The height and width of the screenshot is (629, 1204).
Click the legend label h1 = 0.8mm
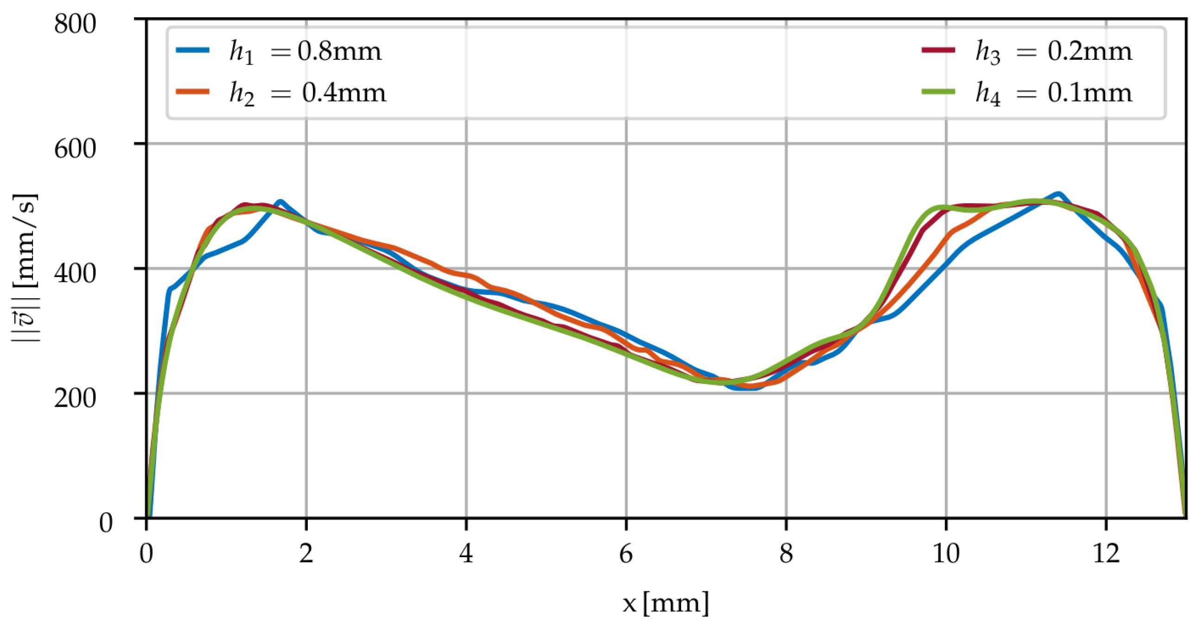point(305,52)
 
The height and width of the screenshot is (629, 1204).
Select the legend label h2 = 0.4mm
point(307,93)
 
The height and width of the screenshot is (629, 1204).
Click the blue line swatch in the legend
point(192,50)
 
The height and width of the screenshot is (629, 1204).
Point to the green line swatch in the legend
point(938,92)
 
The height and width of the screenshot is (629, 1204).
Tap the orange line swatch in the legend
point(192,92)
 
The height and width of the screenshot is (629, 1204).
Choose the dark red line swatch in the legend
point(938,50)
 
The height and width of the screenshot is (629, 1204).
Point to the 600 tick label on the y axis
point(75,149)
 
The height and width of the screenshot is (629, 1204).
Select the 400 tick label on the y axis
point(75,273)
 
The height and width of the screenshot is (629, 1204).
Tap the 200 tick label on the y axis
point(75,398)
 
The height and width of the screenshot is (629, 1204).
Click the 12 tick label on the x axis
point(1106,554)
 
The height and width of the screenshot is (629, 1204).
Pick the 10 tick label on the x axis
point(946,554)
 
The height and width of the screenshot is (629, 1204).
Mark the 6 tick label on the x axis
point(626,554)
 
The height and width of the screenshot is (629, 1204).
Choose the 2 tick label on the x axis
point(306,554)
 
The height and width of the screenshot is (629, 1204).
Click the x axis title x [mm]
point(666,603)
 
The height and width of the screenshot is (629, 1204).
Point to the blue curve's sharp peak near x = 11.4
point(1058,193)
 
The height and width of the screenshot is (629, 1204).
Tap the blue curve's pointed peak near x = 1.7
point(280,202)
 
